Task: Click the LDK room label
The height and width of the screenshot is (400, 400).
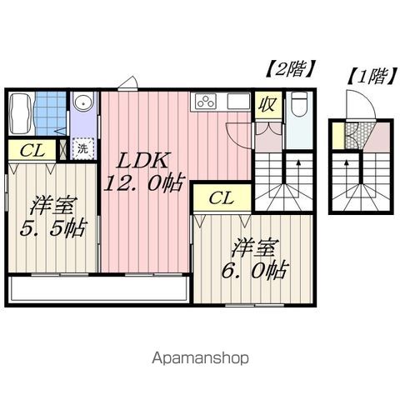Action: [x=138, y=159]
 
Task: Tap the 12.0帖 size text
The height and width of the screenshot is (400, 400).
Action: [x=139, y=183]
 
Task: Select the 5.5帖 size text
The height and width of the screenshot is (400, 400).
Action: [x=52, y=227]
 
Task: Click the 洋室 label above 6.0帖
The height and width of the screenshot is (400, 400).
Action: [x=255, y=247]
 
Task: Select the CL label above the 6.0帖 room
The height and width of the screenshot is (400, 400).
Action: [x=220, y=197]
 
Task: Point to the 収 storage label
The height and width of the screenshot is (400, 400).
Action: [x=267, y=105]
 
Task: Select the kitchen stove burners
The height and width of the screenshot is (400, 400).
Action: [x=205, y=102]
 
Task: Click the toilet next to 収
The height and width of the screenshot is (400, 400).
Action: [x=299, y=107]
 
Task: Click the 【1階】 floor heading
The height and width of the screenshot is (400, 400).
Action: [x=367, y=77]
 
